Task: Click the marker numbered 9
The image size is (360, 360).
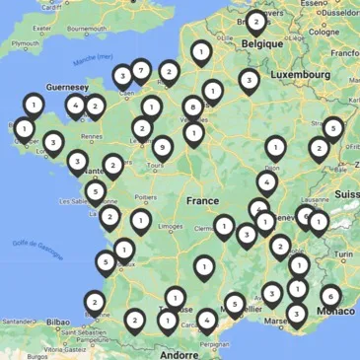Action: point(162,148)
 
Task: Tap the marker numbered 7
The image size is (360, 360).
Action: point(141,70)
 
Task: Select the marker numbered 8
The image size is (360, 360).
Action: point(193,107)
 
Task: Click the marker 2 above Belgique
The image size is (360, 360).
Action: point(255,21)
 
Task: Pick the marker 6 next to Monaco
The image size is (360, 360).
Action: point(329,295)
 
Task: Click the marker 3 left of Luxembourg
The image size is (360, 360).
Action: point(249,80)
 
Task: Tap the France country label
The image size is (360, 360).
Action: point(202,200)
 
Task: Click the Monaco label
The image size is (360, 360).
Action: point(330,312)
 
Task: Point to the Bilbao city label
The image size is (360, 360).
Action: point(58,322)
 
